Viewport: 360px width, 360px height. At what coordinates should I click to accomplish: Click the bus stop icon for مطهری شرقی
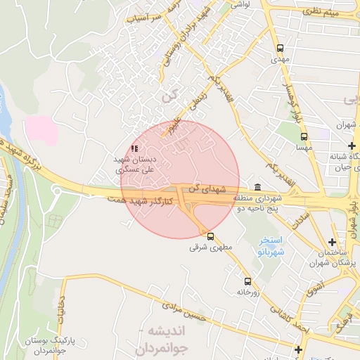210,237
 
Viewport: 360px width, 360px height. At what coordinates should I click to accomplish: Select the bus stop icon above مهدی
281,49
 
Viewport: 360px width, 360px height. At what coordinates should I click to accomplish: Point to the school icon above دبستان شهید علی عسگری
134,149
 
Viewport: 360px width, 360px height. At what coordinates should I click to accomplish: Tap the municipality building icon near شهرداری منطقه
257,188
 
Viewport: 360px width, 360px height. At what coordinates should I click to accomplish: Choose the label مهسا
304,148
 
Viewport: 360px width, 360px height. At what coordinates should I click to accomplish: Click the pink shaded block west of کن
41,130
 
